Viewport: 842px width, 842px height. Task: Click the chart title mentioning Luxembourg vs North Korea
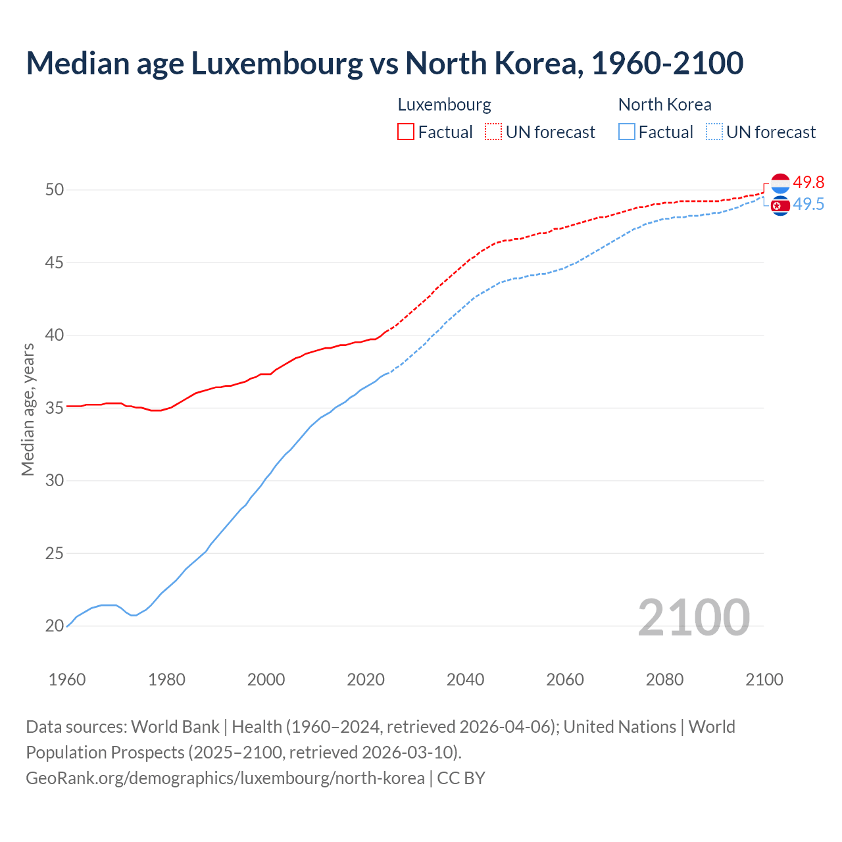click(385, 63)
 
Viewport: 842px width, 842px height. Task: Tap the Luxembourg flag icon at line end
click(780, 183)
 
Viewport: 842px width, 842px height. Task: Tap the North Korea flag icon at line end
click(780, 206)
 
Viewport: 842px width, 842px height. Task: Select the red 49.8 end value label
click(808, 182)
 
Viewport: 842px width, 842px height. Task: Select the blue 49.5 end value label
click(808, 205)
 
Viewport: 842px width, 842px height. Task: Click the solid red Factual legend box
click(406, 132)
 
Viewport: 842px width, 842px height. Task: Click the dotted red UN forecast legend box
click(493, 132)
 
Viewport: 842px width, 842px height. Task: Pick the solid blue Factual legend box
click(627, 132)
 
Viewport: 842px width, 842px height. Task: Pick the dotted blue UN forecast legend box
click(714, 132)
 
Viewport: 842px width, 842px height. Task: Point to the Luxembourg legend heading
click(444, 105)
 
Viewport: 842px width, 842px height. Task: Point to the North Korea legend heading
click(664, 105)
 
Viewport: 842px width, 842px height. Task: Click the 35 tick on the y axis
click(54, 408)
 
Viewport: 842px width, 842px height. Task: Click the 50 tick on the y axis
click(54, 190)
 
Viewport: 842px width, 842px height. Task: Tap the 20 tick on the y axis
click(54, 626)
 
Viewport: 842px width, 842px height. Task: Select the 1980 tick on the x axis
click(166, 680)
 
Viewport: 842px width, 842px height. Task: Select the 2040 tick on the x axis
click(465, 680)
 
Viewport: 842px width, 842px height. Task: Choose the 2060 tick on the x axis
click(565, 680)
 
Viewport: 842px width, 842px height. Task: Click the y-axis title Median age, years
click(28, 409)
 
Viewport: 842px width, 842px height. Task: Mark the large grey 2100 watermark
click(693, 617)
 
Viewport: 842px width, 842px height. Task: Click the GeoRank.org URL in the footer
click(225, 778)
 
